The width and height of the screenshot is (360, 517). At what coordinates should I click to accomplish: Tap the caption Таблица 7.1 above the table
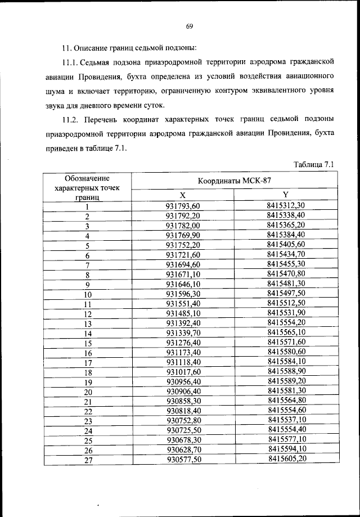click(x=314, y=164)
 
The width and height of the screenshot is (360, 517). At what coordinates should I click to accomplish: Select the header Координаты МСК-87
click(x=235, y=181)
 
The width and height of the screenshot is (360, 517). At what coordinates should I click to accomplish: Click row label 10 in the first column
click(x=88, y=294)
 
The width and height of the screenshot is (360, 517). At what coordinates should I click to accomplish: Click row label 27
click(x=88, y=460)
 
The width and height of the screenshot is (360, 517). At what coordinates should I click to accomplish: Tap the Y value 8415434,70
click(x=286, y=254)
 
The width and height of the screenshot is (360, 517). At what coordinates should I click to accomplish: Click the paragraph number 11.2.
click(x=71, y=119)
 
